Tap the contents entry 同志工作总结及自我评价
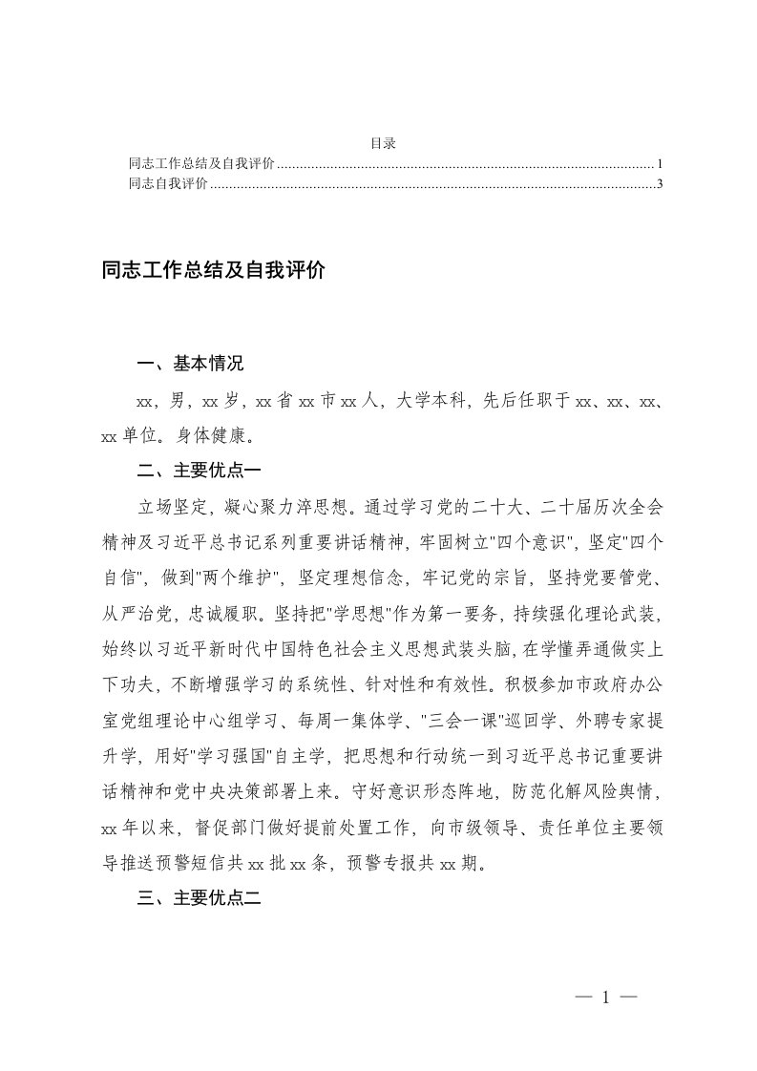tap(201, 164)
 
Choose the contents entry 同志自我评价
tap(168, 184)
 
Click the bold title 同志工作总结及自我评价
tap(214, 271)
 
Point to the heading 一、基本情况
tap(191, 364)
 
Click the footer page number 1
tap(605, 997)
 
